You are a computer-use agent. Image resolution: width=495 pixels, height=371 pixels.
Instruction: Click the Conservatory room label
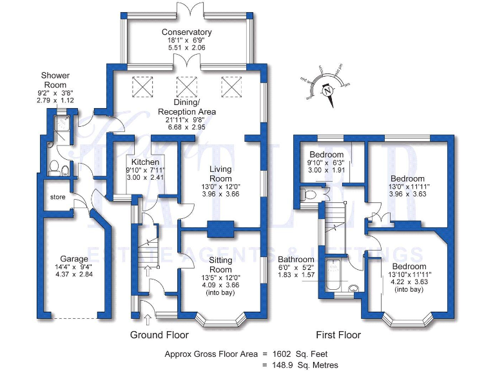(x=186, y=32)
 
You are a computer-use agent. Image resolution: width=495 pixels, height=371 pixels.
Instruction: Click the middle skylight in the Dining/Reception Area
(x=186, y=86)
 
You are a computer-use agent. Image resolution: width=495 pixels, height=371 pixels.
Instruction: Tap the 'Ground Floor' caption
(x=159, y=335)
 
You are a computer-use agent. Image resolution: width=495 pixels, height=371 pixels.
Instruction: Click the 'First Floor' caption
(x=338, y=335)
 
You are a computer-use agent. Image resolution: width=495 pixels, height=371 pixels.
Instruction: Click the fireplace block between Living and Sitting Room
(x=220, y=229)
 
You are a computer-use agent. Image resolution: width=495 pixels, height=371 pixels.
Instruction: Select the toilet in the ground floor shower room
(x=55, y=169)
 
